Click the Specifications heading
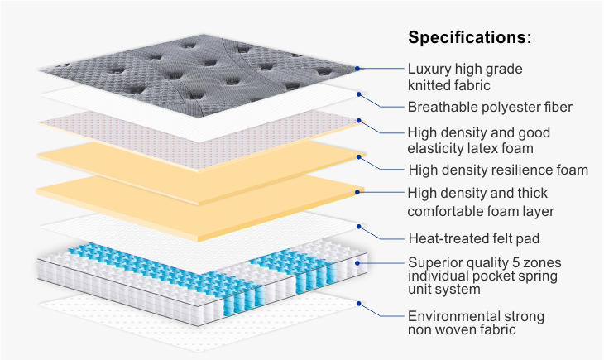(x=470, y=38)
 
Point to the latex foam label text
(x=478, y=140)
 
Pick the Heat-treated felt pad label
(x=474, y=238)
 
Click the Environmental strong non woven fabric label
(x=475, y=323)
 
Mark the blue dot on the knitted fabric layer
(x=357, y=69)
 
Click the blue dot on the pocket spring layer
(x=357, y=263)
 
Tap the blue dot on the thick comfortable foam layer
(x=357, y=192)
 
